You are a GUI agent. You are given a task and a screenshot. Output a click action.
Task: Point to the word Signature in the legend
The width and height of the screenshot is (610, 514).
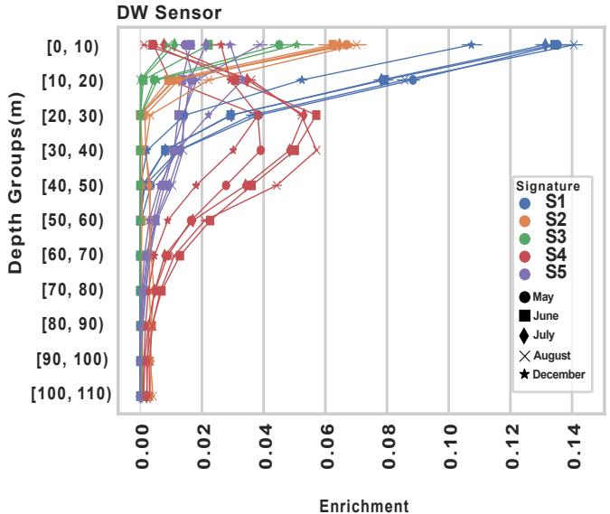pyautogui.click(x=548, y=186)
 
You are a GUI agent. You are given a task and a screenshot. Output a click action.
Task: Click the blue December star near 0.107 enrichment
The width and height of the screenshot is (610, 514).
pyautogui.click(x=470, y=44)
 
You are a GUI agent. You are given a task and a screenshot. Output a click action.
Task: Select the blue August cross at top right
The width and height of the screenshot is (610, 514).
pyautogui.click(x=575, y=44)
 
